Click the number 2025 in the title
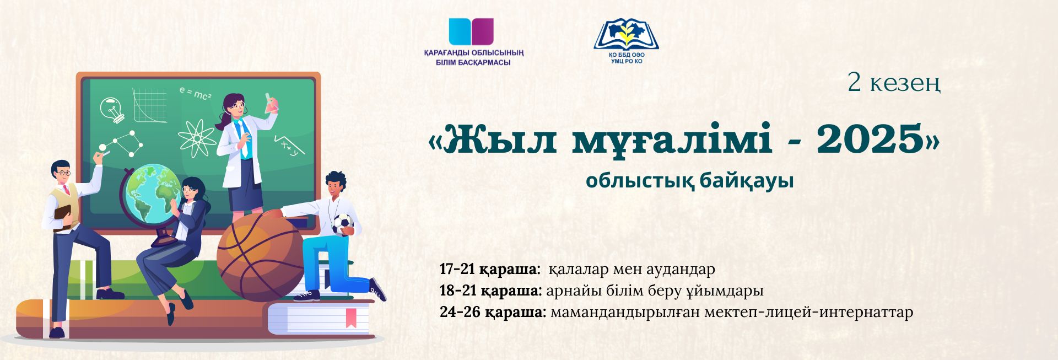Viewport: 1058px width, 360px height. [x=869, y=139]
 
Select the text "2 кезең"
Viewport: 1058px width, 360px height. [x=894, y=84]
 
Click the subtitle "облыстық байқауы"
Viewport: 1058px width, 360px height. [x=689, y=181]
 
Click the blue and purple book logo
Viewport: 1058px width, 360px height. [x=471, y=31]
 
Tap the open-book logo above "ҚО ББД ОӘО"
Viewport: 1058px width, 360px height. [x=627, y=34]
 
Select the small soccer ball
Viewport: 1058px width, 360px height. [x=342, y=224]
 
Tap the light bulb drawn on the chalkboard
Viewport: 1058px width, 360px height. [x=112, y=109]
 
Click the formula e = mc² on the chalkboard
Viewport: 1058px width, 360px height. [x=195, y=93]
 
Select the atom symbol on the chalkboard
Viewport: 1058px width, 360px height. [x=197, y=138]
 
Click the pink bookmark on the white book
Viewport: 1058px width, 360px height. [x=350, y=318]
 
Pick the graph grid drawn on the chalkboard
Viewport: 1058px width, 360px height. [x=149, y=105]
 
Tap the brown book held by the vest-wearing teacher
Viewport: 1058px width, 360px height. [x=62, y=217]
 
